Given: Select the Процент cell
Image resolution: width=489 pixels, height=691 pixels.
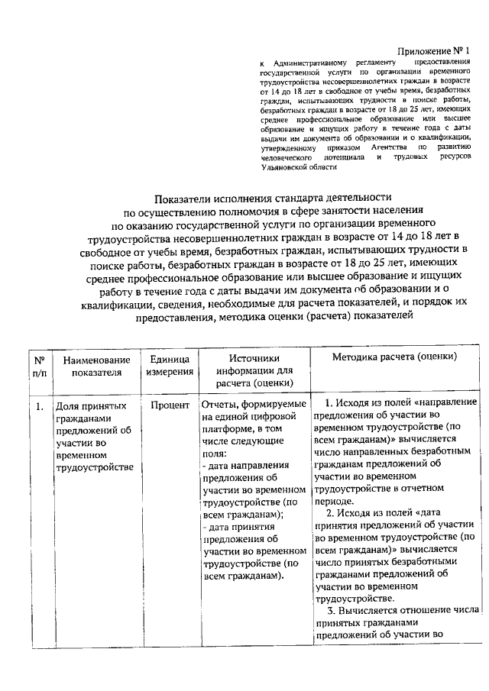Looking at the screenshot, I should (x=170, y=405).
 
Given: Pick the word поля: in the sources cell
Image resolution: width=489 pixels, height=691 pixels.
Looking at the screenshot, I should (x=215, y=454).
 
